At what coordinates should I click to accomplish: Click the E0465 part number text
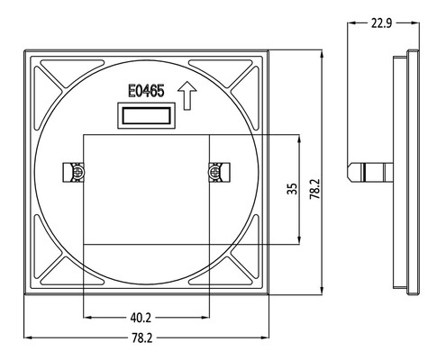point(146,91)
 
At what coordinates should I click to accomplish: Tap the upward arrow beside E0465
point(187,95)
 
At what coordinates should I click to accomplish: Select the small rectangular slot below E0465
point(146,115)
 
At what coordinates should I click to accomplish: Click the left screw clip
point(73,172)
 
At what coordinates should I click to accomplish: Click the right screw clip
point(219,172)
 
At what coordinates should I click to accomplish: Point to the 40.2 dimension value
point(141,318)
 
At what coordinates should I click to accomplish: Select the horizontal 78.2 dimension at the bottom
point(142,338)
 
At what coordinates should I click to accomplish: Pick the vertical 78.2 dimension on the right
point(315,189)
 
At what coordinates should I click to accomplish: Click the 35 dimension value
point(292,189)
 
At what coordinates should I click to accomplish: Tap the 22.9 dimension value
point(381,23)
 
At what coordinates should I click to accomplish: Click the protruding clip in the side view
point(370,173)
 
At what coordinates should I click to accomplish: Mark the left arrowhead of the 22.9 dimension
point(351,22)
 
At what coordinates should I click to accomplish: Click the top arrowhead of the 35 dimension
point(299,139)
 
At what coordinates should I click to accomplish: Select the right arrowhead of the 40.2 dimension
point(205,317)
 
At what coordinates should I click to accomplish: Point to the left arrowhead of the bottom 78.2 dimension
point(28,337)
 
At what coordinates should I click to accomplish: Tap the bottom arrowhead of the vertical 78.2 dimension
point(322,291)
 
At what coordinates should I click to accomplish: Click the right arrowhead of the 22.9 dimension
point(414,22)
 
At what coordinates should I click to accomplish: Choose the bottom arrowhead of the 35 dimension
point(299,240)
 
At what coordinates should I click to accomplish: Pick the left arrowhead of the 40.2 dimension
point(87,317)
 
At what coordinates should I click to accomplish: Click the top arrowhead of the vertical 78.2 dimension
point(322,55)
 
